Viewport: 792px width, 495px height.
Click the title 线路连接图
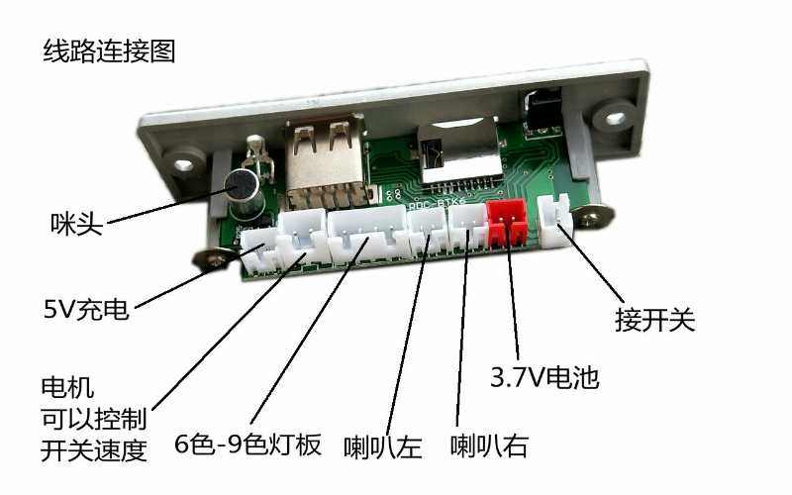(x=109, y=52)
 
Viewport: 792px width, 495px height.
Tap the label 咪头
(x=76, y=224)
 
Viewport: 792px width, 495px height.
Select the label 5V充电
(x=86, y=309)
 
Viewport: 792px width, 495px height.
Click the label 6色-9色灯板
(x=247, y=445)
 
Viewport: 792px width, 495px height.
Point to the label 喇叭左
(x=382, y=447)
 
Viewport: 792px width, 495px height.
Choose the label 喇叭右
(x=489, y=446)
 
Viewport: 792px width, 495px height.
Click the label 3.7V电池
(x=544, y=377)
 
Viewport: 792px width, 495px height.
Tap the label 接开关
(x=655, y=320)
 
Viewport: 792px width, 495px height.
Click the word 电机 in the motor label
(x=67, y=388)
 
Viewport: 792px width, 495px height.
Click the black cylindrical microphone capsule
(x=244, y=193)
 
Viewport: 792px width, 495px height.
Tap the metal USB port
(x=326, y=161)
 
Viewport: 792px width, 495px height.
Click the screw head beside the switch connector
(x=595, y=217)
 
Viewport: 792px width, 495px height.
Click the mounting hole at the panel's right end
(x=614, y=119)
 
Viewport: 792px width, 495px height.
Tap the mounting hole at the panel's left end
(x=184, y=164)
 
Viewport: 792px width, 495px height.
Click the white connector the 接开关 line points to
(x=554, y=221)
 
